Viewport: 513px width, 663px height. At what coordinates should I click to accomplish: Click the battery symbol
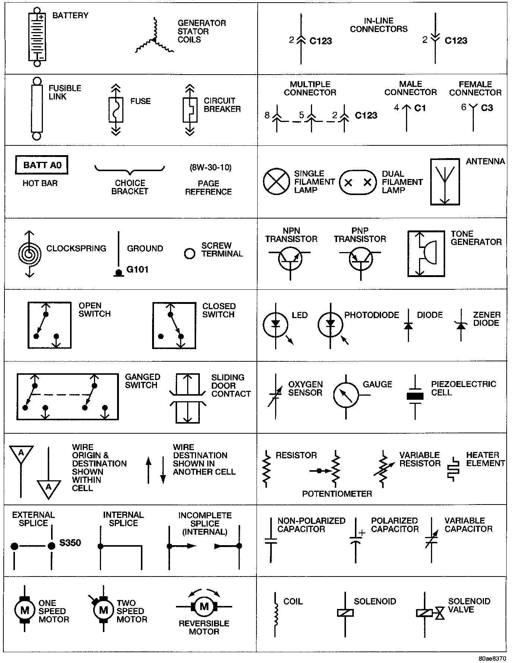(x=37, y=37)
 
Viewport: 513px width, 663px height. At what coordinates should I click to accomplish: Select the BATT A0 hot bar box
(x=41, y=165)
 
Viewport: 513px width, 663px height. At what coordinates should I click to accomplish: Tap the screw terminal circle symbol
(x=190, y=254)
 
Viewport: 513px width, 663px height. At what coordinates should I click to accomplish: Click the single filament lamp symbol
(x=276, y=182)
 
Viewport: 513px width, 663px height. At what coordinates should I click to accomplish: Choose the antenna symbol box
(x=445, y=182)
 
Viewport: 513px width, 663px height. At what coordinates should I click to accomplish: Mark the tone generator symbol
(x=426, y=253)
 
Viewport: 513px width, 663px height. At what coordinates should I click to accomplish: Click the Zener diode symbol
(x=461, y=326)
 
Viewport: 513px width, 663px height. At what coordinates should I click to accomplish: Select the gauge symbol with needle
(x=346, y=395)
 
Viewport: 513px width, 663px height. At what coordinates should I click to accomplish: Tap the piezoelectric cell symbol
(x=415, y=396)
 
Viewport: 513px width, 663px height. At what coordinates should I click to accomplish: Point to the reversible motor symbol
(x=204, y=607)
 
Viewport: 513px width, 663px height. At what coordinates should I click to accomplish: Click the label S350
(x=70, y=543)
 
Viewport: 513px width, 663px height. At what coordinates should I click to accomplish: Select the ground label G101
(x=138, y=269)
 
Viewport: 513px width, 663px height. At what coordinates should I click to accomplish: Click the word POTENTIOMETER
(x=337, y=494)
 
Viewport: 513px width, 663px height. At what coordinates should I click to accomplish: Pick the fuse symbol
(x=116, y=110)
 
